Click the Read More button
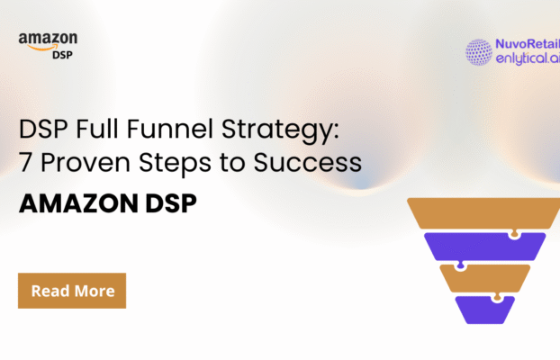tap(72, 291)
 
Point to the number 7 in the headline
tap(27, 164)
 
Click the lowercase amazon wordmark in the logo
tap(47, 39)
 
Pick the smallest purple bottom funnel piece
tap(484, 309)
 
